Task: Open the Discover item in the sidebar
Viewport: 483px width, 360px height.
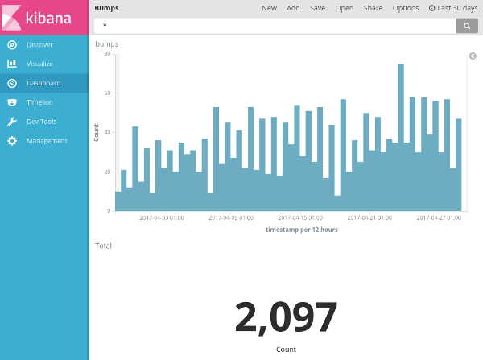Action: tap(39, 44)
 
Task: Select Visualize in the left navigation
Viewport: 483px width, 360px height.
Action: tap(39, 64)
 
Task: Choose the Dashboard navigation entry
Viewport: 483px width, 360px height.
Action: tap(43, 83)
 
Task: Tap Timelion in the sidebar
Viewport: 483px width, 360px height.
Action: tap(39, 102)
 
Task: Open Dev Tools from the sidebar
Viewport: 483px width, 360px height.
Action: tap(41, 122)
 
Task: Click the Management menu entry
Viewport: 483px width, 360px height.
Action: tap(47, 141)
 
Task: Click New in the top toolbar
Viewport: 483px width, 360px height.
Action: tap(269, 8)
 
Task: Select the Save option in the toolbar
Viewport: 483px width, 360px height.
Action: tap(317, 8)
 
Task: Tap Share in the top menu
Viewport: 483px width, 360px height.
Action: tap(373, 8)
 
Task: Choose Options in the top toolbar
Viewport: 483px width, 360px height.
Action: tap(405, 8)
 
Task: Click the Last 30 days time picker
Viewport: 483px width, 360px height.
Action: tap(453, 8)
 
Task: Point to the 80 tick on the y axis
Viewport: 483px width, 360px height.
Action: tap(107, 54)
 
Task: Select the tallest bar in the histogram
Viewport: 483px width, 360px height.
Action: tap(400, 137)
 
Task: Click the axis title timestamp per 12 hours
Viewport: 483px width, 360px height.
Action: tap(301, 230)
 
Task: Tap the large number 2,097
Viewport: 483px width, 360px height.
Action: tap(286, 318)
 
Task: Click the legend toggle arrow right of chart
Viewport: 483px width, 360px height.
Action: tap(473, 56)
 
